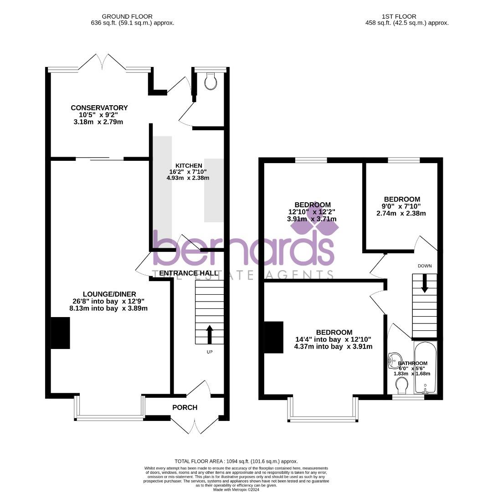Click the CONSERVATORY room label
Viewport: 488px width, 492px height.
click(x=99, y=108)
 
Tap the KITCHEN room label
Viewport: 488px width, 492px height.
click(x=189, y=165)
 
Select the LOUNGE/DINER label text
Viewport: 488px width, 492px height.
click(x=109, y=294)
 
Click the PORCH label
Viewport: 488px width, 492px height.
click(x=185, y=407)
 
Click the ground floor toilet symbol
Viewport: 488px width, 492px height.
click(x=211, y=82)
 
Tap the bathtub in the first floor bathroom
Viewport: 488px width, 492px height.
click(x=425, y=368)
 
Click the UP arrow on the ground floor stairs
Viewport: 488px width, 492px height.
click(x=210, y=334)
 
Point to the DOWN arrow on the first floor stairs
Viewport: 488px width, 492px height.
click(x=425, y=283)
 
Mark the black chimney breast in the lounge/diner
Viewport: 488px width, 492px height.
click(x=60, y=333)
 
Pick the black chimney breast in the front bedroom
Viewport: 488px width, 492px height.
click(x=274, y=337)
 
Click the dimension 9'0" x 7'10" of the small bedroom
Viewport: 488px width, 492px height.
click(x=401, y=206)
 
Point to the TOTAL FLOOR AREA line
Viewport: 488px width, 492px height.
click(x=236, y=461)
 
